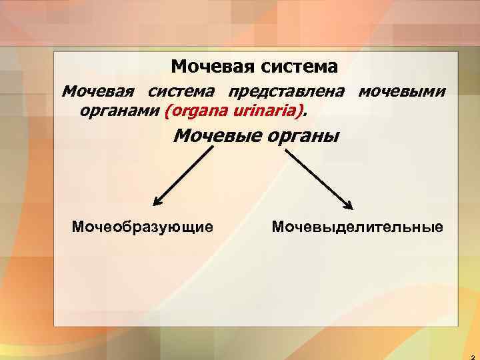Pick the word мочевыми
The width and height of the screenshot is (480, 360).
click(x=403, y=91)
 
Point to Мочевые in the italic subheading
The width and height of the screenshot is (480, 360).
click(x=213, y=137)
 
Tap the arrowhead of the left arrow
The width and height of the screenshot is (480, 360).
click(x=158, y=201)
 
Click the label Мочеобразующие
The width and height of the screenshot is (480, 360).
click(x=143, y=227)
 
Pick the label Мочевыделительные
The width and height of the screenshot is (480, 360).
click(x=357, y=227)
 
